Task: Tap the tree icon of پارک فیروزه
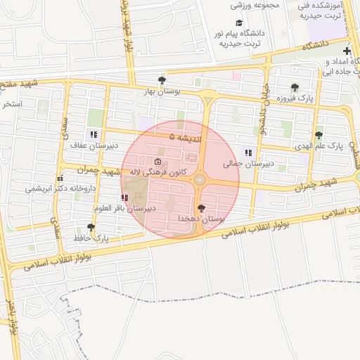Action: pyautogui.click(x=293, y=88)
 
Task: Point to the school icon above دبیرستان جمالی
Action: pyautogui.click(x=247, y=152)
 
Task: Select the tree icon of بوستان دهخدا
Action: pyautogui.click(x=202, y=207)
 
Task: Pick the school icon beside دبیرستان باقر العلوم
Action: pyautogui.click(x=124, y=198)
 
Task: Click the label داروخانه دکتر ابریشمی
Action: pyautogui.click(x=60, y=188)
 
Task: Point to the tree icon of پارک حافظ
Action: pyautogui.click(x=90, y=227)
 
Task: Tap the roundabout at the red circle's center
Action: pyautogui.click(x=200, y=179)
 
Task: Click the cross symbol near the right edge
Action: pyautogui.click(x=347, y=51)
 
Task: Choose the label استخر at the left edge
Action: pyautogui.click(x=12, y=105)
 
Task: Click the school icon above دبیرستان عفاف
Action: pyautogui.click(x=92, y=134)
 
